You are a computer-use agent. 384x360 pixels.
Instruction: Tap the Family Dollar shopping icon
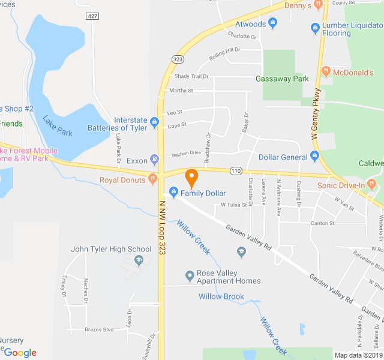tap(174, 193)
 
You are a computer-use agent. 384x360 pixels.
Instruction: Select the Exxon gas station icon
tap(155, 160)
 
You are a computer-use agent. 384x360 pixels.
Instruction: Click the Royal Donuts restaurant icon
tap(153, 179)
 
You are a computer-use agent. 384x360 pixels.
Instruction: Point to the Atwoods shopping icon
tap(273, 23)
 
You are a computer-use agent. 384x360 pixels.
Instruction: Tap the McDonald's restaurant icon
tap(326, 72)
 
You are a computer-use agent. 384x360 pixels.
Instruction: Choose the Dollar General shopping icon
tap(314, 157)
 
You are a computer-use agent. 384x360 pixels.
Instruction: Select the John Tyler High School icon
tap(139, 260)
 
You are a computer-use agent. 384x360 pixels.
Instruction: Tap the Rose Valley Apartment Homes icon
tap(190, 275)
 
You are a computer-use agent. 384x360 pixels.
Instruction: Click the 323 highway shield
tap(177, 59)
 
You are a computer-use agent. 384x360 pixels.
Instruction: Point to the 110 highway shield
tap(236, 171)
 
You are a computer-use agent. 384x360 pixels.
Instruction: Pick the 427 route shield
tap(92, 15)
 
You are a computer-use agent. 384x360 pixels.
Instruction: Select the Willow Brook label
tap(221, 296)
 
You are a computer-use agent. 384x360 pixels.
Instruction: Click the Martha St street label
tap(181, 91)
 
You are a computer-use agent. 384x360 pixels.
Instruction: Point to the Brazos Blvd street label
tap(99, 329)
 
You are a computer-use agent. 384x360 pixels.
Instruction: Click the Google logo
tap(20, 353)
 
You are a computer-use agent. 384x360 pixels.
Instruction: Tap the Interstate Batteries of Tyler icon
tap(155, 123)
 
